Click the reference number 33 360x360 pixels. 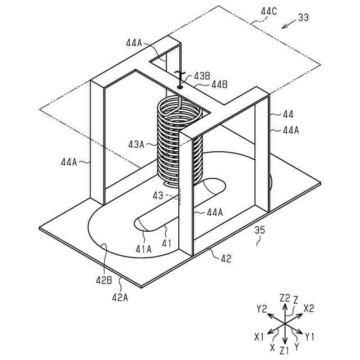pos(303,17)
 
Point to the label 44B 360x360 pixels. pos(219,84)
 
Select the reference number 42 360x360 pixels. pos(226,259)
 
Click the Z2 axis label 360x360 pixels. pos(285,298)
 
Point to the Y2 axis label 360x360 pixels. pos(261,309)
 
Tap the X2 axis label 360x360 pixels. pos(309,309)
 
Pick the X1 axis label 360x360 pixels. pos(259,336)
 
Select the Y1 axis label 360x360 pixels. pos(310,336)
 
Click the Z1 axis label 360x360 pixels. pos(285,350)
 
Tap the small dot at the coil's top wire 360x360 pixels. pos(180,87)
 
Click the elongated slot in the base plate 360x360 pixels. pos(180,204)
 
